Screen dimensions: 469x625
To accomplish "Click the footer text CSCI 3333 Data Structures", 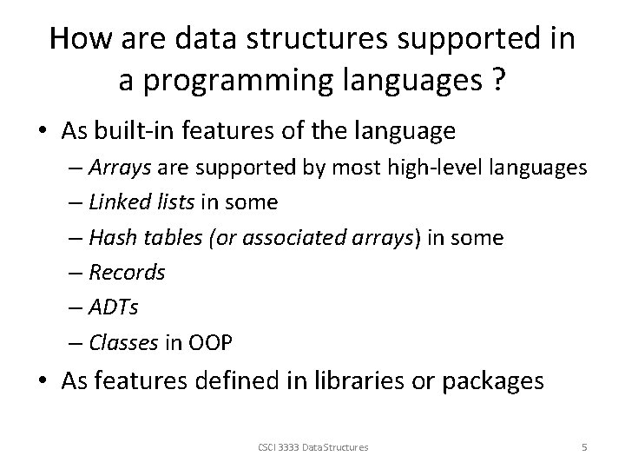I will coord(312,447).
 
